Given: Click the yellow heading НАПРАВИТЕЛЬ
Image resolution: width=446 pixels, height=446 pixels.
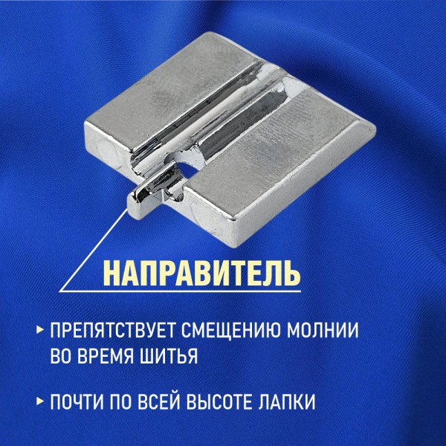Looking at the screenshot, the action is pyautogui.click(x=201, y=273).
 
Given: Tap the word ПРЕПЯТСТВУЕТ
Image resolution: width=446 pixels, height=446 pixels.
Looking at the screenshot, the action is pyautogui.click(x=113, y=330).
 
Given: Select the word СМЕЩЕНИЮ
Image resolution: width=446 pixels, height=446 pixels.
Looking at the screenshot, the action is pyautogui.click(x=230, y=330).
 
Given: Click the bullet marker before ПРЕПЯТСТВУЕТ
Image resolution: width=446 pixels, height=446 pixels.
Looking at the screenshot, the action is pyautogui.click(x=40, y=330).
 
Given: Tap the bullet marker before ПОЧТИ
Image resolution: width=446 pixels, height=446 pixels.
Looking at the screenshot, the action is pyautogui.click(x=40, y=401).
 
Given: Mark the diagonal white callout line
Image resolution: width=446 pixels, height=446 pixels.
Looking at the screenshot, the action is pyautogui.click(x=93, y=251).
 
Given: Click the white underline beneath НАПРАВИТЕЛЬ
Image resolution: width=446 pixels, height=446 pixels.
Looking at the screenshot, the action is pyautogui.click(x=180, y=291).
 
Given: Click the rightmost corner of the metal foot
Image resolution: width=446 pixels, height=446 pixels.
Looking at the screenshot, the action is pyautogui.click(x=375, y=130).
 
